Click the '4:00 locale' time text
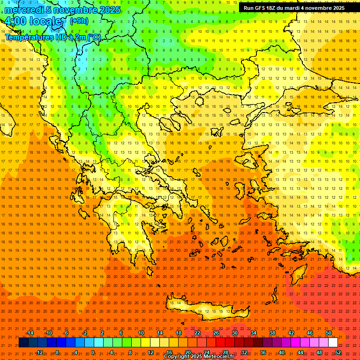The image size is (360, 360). point(33,22)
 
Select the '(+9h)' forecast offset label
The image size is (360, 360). point(78,21)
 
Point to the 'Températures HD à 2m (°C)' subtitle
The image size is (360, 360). point(52,37)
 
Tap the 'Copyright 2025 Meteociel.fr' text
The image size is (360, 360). point(199,357)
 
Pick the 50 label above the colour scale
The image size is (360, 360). point(329,333)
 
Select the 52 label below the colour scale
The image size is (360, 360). point(338,352)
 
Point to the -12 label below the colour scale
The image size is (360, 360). point(39,352)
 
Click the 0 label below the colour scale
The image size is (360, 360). point(93,352)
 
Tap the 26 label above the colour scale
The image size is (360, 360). point(216,333)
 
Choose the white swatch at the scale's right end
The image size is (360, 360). point(333,343)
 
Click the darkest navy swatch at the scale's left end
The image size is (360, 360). point(23,343)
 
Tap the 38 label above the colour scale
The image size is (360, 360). point(272,333)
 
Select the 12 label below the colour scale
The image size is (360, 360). point(150,352)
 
